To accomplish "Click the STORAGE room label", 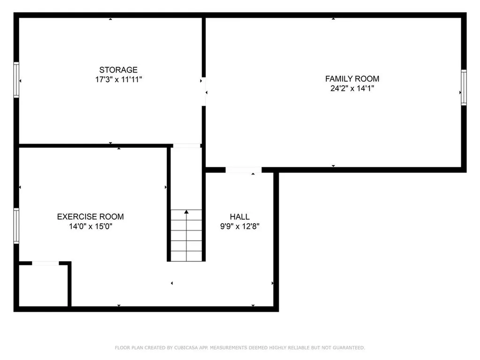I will [118, 70].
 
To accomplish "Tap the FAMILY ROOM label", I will [352, 79].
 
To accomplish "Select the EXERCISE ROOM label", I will [90, 217].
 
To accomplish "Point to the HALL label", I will [240, 217].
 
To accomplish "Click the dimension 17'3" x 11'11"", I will [118, 80].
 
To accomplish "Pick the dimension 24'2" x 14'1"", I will [352, 88].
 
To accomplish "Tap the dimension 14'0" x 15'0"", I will [90, 226].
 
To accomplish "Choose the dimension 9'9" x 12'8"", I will [240, 226].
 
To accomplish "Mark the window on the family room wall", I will [464, 87].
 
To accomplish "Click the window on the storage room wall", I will [16, 80].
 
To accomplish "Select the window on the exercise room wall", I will [16, 226].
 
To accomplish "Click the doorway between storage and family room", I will [204, 91].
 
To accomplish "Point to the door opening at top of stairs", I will [186, 146].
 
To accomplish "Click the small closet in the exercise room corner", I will [43, 286].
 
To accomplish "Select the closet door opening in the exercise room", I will [45, 264].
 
